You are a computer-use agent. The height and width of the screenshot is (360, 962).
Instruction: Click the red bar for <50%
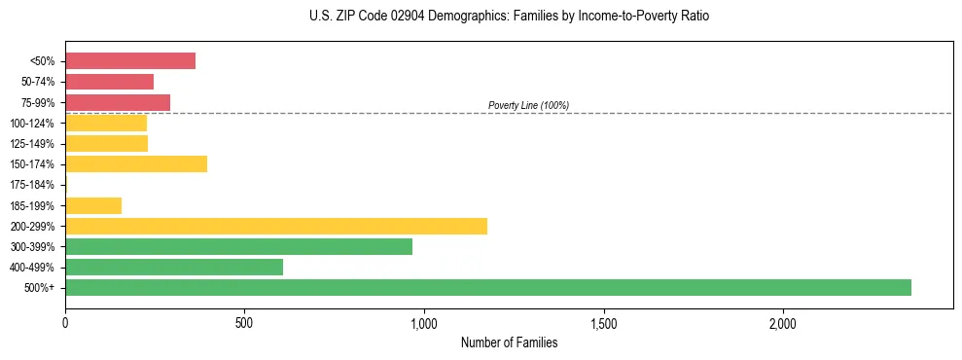tap(130, 61)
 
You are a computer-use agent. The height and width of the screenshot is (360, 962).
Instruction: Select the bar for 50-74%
tap(109, 82)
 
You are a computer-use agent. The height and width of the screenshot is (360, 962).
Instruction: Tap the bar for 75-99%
tap(118, 102)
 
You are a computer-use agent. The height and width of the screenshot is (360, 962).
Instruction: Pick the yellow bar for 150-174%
tap(136, 163)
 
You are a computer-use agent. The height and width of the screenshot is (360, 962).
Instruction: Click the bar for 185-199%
tap(93, 205)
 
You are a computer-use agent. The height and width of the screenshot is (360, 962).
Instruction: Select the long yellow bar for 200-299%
tap(276, 226)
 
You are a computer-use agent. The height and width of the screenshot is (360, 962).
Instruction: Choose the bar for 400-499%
tap(174, 267)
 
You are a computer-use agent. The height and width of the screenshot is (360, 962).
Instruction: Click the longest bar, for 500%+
tap(488, 287)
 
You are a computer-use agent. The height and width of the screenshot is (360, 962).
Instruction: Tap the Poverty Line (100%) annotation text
tap(528, 105)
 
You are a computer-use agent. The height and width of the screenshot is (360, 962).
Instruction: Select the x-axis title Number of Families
tap(509, 342)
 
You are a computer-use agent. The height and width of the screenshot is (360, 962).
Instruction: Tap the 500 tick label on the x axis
tap(244, 323)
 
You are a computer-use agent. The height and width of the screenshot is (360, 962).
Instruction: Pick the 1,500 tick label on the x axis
tap(604, 323)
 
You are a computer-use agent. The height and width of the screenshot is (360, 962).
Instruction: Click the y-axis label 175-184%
tap(32, 185)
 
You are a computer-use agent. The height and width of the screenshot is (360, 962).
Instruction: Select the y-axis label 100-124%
tap(32, 124)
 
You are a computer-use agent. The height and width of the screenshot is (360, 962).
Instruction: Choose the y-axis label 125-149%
tap(32, 144)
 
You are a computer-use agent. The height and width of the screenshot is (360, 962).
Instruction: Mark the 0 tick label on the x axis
tap(65, 323)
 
